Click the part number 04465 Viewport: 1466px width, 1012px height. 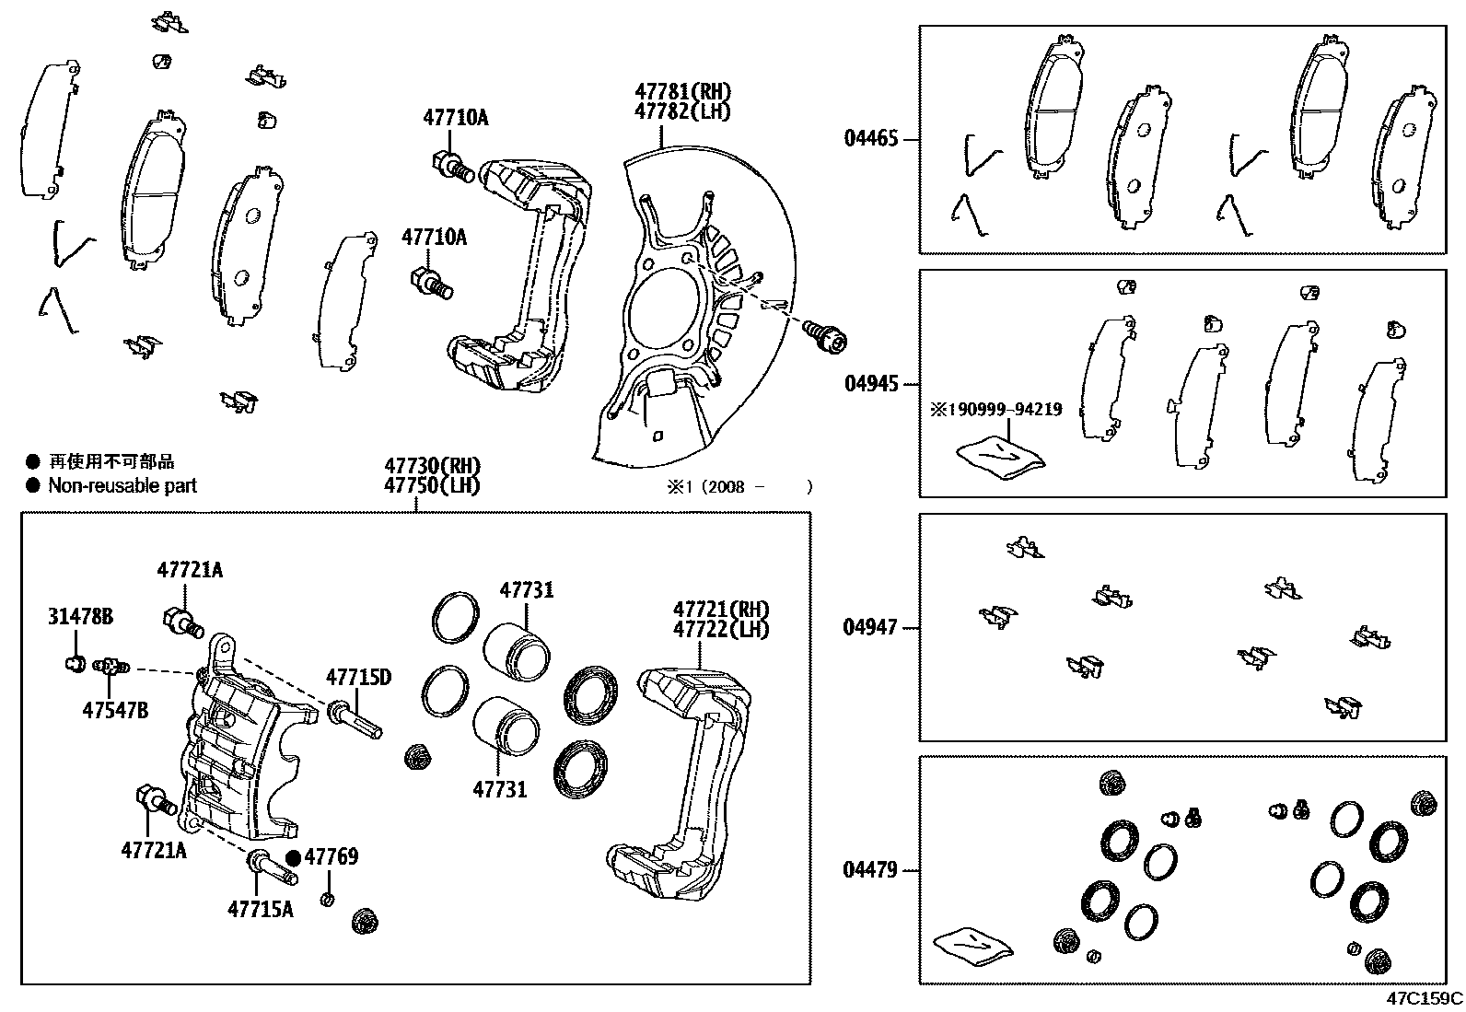click(x=870, y=140)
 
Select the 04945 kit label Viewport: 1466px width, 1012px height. click(x=870, y=384)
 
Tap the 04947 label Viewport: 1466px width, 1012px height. click(x=870, y=628)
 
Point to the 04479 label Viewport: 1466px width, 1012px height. click(x=870, y=870)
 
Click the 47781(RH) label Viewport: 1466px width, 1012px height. click(x=681, y=92)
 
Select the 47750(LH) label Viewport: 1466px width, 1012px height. click(x=432, y=486)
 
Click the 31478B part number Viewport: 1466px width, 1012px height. click(x=80, y=617)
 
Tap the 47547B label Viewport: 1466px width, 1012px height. click(x=115, y=710)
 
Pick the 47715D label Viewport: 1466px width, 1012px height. click(x=358, y=679)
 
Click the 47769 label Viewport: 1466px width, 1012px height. click(x=332, y=857)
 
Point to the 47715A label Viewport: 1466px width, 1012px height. click(x=260, y=910)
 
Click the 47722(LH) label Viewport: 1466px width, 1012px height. click(x=720, y=630)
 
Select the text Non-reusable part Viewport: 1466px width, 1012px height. click(x=122, y=486)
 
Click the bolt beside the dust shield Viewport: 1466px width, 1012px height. click(x=824, y=336)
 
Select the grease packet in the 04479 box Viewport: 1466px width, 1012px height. click(x=972, y=947)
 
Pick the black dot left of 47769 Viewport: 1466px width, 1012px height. click(x=293, y=857)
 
